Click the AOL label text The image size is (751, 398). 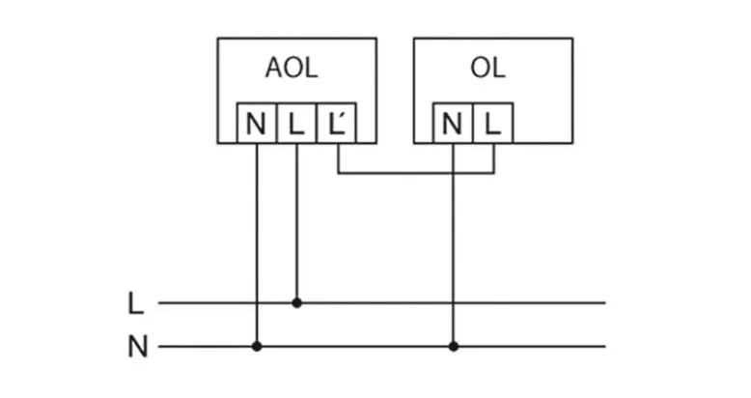[x=292, y=70]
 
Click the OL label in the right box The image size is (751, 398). [x=487, y=70]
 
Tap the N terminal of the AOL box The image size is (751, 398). [x=256, y=123]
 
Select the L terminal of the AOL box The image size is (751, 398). [x=296, y=123]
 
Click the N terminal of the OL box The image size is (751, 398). [x=452, y=123]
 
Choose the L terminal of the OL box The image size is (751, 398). [x=492, y=123]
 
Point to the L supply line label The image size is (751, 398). [x=136, y=303]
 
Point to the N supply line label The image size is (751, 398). [x=138, y=347]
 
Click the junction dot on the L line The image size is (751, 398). [x=296, y=302]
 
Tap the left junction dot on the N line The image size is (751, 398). [x=256, y=346]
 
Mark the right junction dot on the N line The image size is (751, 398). [x=452, y=346]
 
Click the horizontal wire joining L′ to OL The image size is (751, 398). [x=405, y=174]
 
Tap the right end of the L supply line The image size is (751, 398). [x=603, y=302]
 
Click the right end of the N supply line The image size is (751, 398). [x=603, y=346]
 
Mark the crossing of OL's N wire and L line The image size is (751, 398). [x=452, y=302]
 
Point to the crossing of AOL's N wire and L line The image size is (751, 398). [x=256, y=302]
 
